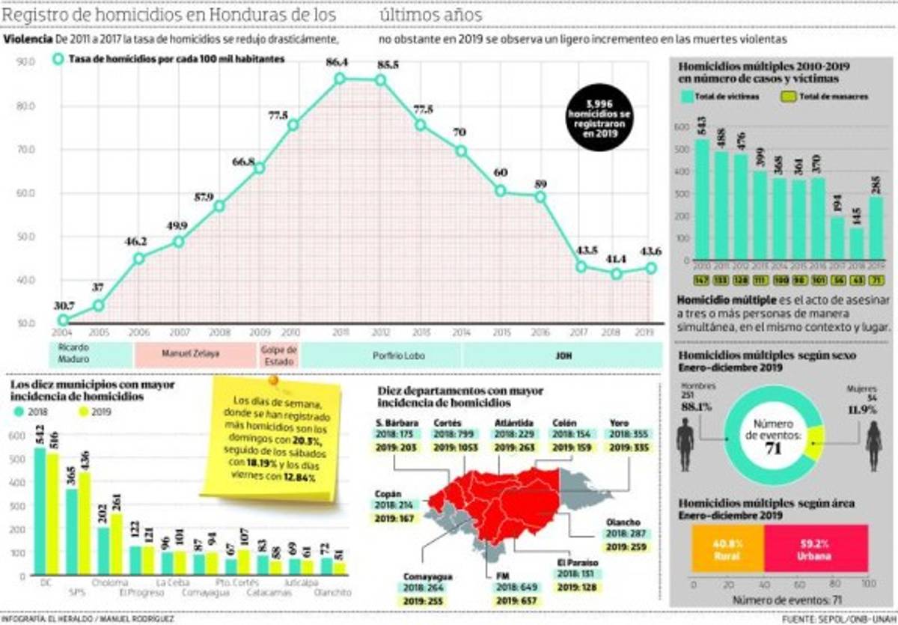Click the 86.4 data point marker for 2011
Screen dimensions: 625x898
click(x=340, y=79)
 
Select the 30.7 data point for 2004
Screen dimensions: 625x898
click(x=64, y=320)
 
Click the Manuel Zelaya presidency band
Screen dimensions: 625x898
click(x=195, y=354)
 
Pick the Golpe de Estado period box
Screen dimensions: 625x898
click(x=279, y=354)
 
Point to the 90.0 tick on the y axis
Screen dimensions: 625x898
click(x=26, y=62)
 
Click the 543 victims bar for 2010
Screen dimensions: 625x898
click(x=702, y=198)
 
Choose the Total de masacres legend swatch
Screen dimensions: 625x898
click(x=789, y=97)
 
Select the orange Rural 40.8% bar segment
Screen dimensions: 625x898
click(x=728, y=549)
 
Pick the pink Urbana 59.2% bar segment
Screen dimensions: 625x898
click(x=816, y=549)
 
